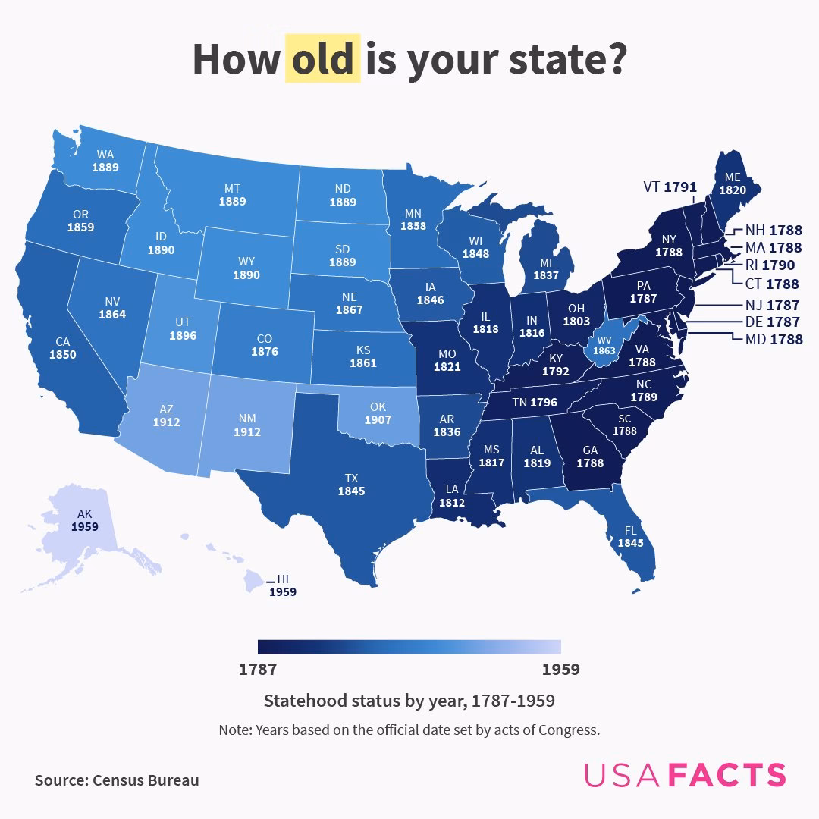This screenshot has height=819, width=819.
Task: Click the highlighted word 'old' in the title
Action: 322,59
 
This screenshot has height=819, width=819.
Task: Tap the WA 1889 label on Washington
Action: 105,161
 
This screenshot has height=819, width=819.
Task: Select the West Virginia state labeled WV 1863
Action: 604,345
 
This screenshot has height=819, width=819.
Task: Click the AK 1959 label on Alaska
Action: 84,520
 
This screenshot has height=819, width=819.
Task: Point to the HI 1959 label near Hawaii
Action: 283,585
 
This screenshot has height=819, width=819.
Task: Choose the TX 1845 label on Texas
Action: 351,485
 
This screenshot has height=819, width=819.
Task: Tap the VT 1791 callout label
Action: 670,187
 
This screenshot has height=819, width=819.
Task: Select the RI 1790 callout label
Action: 768,265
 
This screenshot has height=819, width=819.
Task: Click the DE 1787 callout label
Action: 772,322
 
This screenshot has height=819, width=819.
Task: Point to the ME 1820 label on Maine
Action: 732,184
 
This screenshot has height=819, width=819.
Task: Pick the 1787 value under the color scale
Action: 258,670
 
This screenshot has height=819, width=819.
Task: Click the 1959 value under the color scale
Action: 560,670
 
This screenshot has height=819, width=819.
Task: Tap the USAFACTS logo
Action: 685,775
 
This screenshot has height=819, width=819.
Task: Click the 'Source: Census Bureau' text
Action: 117,780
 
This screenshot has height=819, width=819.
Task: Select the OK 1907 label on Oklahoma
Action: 378,413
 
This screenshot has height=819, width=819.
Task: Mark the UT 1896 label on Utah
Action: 182,328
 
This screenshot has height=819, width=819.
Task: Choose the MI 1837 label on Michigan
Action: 546,269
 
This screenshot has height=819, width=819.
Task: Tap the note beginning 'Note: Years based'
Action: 409,730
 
